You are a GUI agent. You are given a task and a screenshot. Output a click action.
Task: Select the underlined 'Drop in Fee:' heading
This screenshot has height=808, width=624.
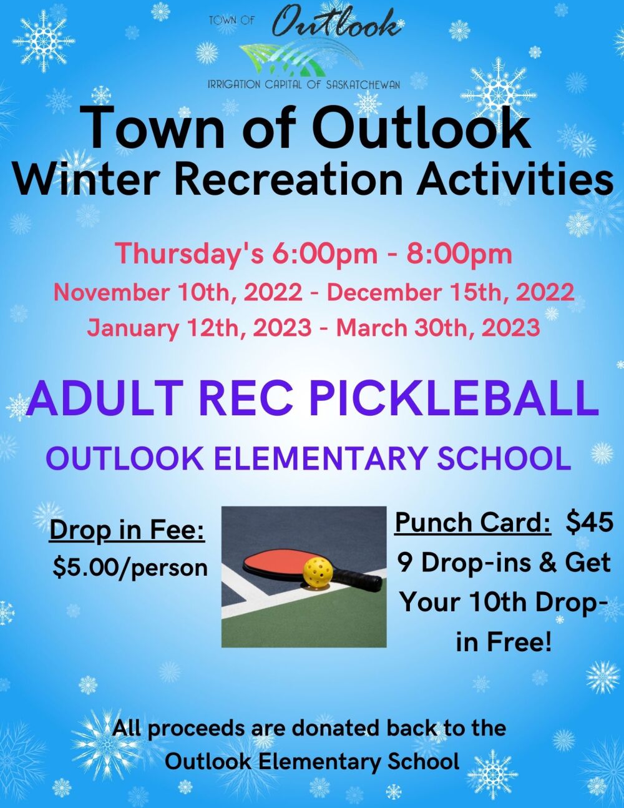coord(127,530)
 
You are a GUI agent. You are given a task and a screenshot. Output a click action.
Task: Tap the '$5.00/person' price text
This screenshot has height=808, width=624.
coord(130,568)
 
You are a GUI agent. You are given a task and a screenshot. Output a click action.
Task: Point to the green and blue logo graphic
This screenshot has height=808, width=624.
coord(301,59)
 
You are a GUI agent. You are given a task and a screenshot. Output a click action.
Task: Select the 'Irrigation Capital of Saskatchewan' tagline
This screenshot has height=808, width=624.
coord(303,85)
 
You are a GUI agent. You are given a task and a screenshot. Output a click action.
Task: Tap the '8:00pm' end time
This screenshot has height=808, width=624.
coord(459,255)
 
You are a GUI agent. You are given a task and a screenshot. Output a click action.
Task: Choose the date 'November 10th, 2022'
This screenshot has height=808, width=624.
coord(178,293)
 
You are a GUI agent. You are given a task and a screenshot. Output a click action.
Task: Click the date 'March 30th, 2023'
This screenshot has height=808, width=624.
coord(438,328)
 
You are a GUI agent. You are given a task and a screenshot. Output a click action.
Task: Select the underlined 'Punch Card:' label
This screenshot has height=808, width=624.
coord(473,523)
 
